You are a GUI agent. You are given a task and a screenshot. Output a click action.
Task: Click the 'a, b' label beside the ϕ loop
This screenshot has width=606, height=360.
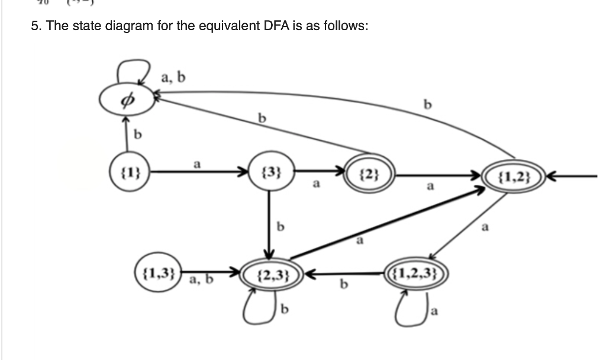pos(173,76)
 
